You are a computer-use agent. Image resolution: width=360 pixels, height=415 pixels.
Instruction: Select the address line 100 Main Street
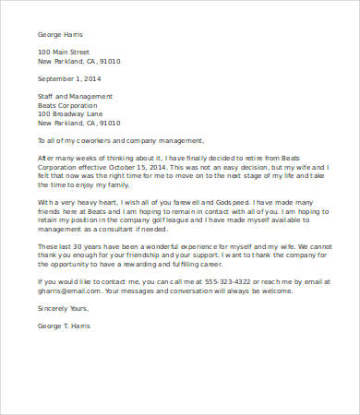[x=66, y=52]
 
